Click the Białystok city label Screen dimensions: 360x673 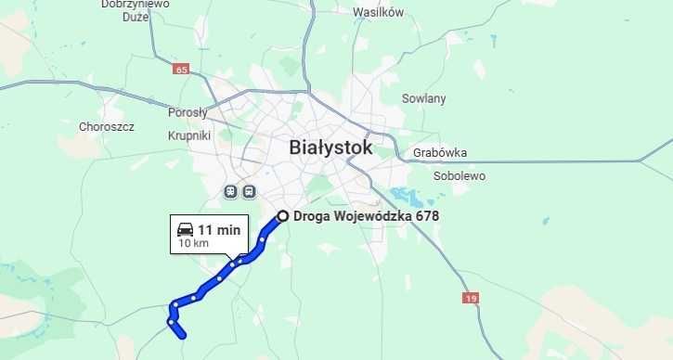coord(330,148)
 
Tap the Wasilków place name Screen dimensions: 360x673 coord(378,12)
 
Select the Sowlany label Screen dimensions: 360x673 coord(423,98)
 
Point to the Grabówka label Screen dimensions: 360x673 coord(441,153)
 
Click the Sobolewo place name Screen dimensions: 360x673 coord(459,175)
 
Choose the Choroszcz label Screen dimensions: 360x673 coord(107,126)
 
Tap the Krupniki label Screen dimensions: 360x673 coord(189,135)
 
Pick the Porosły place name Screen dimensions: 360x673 coord(188,113)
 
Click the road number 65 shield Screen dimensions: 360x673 coord(180,70)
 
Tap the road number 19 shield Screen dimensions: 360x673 coord(472,298)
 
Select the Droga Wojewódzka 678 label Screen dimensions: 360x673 coord(365,216)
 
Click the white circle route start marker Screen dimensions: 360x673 coord(282,217)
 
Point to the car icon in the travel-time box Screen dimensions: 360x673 coord(185,229)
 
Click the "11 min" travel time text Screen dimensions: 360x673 coord(219,229)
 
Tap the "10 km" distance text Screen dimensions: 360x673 coord(193,244)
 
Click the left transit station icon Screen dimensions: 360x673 coord(229,191)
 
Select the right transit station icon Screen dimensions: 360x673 coord(249,191)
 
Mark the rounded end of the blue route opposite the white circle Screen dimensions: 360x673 coord(184,335)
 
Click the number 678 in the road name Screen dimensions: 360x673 coord(427,216)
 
